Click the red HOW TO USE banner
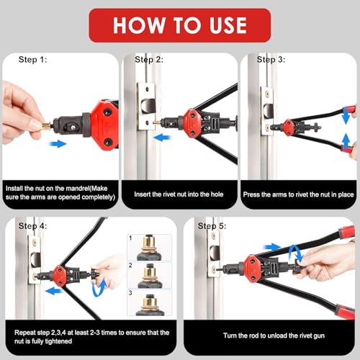(180, 25)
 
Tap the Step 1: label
(32, 60)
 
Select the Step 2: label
(149, 60)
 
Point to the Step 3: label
(271, 60)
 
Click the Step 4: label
(32, 226)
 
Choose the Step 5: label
(212, 226)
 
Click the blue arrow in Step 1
(58, 144)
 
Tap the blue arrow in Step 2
(162, 138)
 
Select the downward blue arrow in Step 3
(346, 116)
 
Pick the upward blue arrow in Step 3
(346, 142)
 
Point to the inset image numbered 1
(149, 248)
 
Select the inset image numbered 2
(149, 275)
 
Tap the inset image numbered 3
(149, 302)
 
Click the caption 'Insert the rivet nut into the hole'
(179, 194)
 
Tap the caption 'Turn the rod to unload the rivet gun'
(274, 336)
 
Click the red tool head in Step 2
(192, 124)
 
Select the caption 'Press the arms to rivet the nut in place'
(298, 194)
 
